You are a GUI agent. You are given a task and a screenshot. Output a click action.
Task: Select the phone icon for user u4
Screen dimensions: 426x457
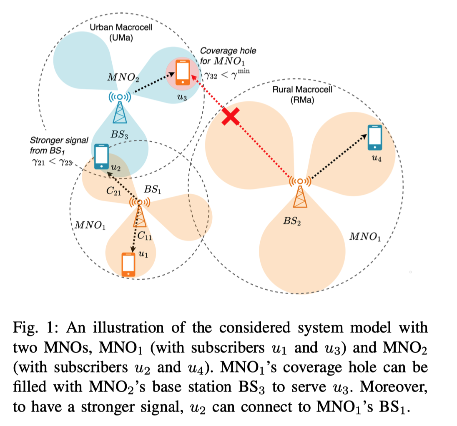(x=375, y=137)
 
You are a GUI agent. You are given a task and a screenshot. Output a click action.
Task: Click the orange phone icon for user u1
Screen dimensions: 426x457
(x=128, y=264)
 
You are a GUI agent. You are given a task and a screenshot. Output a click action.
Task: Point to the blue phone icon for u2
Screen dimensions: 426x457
(x=102, y=156)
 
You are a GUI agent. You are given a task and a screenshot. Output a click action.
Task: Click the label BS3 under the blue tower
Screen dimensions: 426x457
(x=120, y=135)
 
